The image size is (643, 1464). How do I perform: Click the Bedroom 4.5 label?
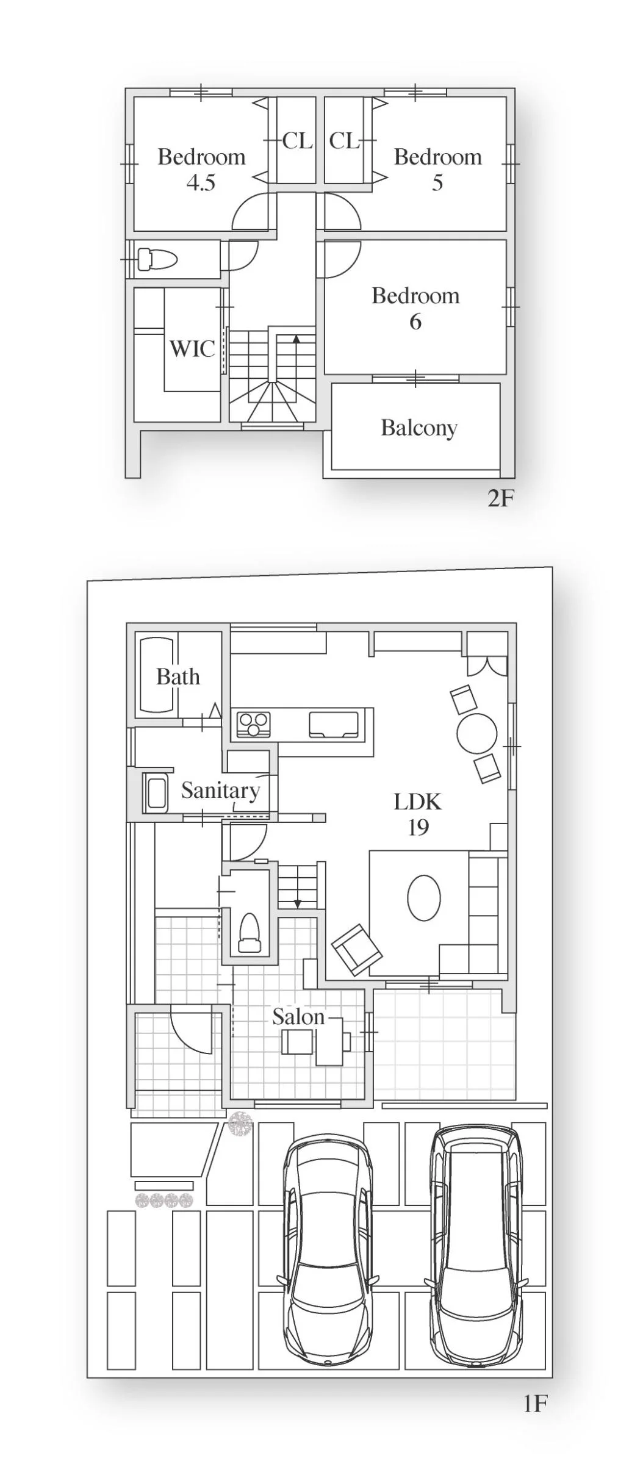tap(201, 170)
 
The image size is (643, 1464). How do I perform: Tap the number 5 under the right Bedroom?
tap(437, 182)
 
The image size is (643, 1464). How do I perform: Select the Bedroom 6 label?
tap(415, 308)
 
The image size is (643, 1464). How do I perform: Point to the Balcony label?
tap(419, 428)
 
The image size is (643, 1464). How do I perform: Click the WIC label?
tap(192, 349)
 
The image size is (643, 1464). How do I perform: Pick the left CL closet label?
tap(297, 141)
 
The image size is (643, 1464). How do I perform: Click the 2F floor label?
tap(501, 498)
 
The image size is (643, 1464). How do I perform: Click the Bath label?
tap(178, 676)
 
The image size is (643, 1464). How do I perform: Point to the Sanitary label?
tap(220, 791)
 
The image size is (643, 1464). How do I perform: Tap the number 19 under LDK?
tap(418, 827)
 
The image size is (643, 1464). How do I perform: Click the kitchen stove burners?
tap(253, 724)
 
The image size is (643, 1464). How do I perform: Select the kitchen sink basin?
tap(333, 724)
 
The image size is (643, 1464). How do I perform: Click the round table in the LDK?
tap(477, 733)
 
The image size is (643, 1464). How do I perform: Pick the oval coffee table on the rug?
tap(423, 898)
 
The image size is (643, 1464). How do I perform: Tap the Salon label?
tap(298, 1016)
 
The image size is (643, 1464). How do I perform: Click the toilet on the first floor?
tap(249, 933)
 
